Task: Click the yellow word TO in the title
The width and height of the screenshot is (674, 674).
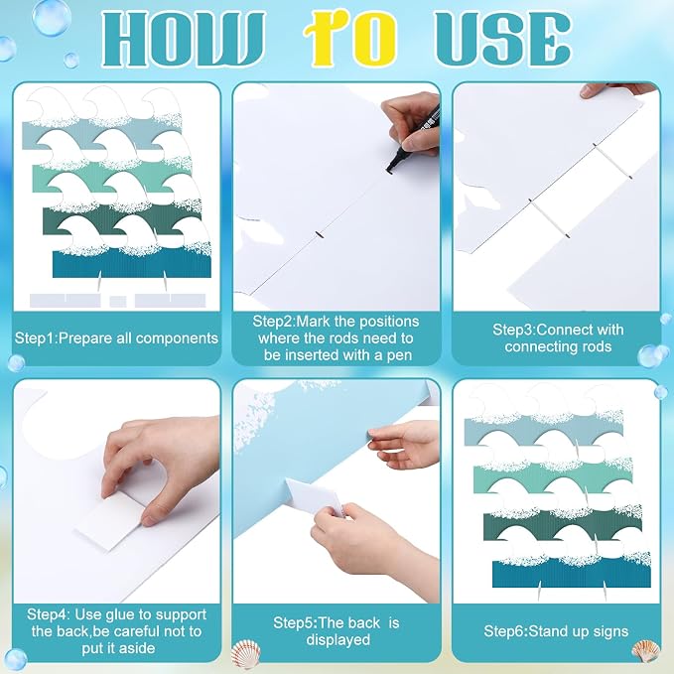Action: point(349,39)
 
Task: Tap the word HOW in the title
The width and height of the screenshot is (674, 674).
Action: point(183,39)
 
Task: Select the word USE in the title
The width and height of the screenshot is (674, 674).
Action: point(502,39)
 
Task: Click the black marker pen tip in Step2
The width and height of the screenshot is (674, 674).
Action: point(391,169)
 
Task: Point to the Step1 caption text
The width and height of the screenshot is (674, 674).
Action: point(116,337)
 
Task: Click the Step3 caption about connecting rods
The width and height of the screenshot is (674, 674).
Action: point(558,337)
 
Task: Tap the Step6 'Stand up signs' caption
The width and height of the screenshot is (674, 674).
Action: point(556,631)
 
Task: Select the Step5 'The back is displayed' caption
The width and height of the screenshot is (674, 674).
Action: point(337,631)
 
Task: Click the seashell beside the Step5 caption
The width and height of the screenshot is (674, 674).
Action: point(246,654)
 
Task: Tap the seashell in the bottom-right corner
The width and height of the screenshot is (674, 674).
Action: point(645,651)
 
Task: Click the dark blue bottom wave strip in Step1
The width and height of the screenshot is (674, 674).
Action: point(132,263)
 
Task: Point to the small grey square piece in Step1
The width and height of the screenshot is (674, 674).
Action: point(118,302)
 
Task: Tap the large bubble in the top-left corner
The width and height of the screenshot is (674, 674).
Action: point(52,17)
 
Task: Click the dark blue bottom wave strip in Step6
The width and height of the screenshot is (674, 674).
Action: point(572,574)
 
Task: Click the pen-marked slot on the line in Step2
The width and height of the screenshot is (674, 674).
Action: point(320,234)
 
